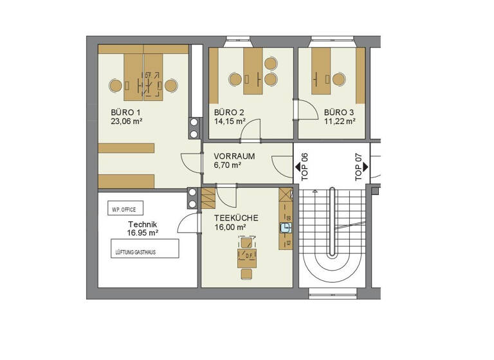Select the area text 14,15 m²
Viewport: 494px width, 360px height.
click(x=230, y=121)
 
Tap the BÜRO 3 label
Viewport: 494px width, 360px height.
click(x=339, y=112)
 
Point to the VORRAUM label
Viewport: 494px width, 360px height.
click(x=234, y=156)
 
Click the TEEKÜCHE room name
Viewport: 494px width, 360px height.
click(x=236, y=218)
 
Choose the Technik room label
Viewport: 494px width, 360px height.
click(x=143, y=224)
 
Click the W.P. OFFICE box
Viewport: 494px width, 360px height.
click(x=125, y=210)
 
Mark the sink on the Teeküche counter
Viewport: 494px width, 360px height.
click(x=285, y=227)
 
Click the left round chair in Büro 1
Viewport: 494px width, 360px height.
click(x=116, y=86)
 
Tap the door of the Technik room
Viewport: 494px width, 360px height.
click(x=187, y=222)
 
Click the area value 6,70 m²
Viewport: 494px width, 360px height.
click(x=228, y=165)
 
